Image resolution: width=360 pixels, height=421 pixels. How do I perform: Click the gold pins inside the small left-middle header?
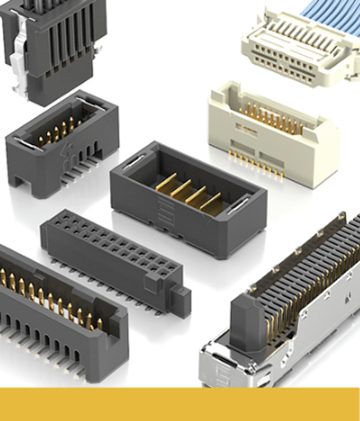(59, 131)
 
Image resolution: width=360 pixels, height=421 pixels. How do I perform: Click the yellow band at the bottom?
(180, 404)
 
